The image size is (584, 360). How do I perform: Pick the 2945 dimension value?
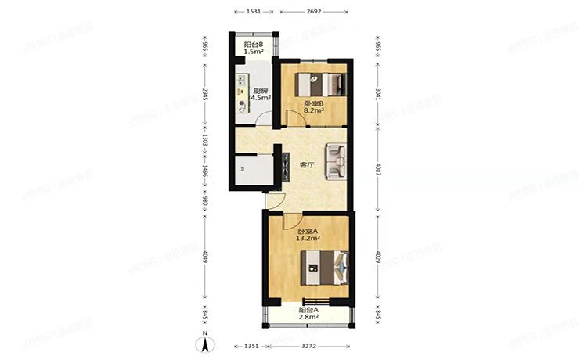click(205, 95)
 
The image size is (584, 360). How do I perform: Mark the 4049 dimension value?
click(205, 257)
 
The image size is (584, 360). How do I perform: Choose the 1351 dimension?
click(251, 345)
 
